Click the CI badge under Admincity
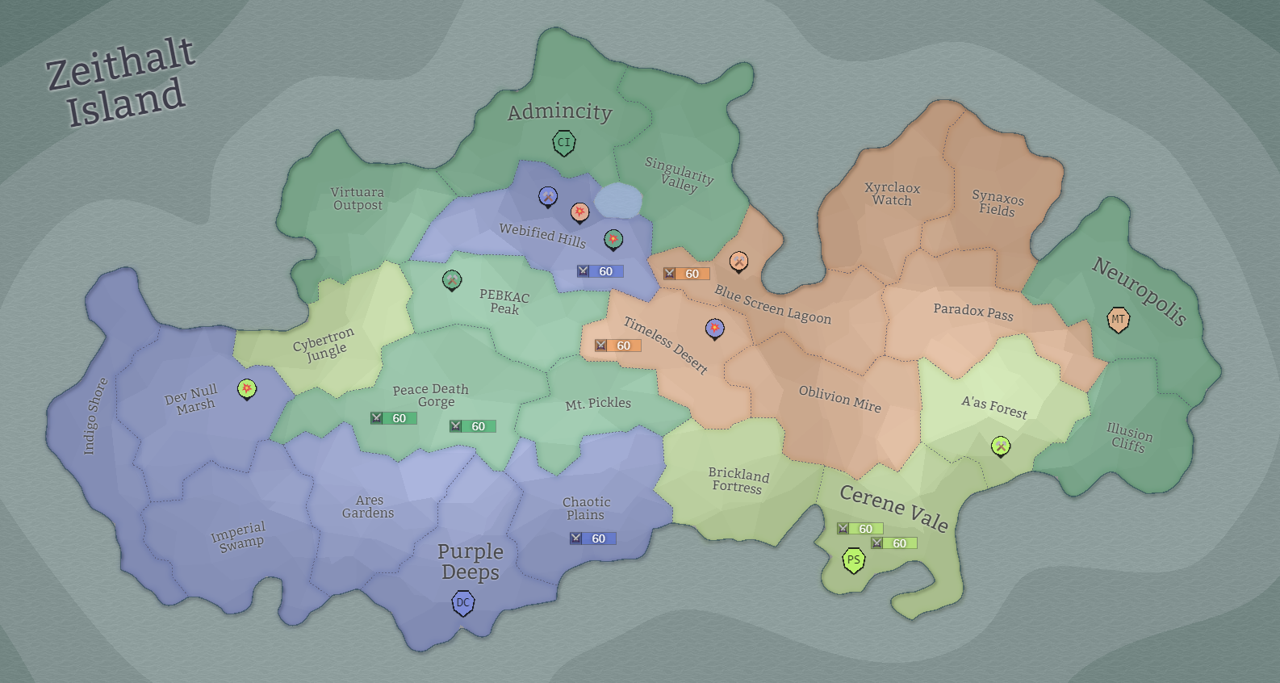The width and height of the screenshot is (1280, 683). point(563,143)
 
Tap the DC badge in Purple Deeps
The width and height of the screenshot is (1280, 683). point(462,602)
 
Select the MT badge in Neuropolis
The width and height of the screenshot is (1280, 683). point(1118,319)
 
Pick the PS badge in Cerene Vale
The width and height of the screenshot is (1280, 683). point(853,559)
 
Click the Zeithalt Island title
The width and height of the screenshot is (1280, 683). point(120,82)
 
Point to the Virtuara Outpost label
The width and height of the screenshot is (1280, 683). point(358,199)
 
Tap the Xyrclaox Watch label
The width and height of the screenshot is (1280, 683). point(892,194)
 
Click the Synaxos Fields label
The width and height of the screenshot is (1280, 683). point(998,203)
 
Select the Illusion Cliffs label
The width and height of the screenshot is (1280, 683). point(1129,438)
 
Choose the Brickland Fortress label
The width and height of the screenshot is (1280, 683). point(738,480)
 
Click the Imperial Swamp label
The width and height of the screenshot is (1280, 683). point(239,537)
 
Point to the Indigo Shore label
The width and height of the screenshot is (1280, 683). point(95,416)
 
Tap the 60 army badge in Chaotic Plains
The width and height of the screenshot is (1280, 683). point(592,538)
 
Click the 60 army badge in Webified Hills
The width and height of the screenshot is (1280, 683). point(600,271)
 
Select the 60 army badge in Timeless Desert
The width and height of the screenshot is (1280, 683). point(617,346)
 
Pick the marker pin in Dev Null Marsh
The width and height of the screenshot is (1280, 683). point(247,389)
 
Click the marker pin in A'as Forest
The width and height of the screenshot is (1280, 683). point(1000,446)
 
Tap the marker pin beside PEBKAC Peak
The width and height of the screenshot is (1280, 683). point(452,280)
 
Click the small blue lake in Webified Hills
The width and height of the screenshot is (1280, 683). point(619,200)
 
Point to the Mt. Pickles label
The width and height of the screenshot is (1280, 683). point(598,404)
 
